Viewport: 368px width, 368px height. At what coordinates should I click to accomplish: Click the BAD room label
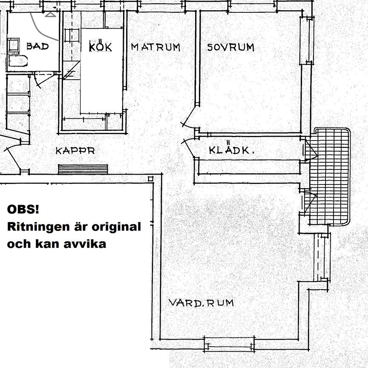[x=37, y=46]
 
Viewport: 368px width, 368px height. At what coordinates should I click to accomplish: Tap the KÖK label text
[x=101, y=46]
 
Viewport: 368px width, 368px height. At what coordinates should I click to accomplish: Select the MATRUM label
[x=155, y=47]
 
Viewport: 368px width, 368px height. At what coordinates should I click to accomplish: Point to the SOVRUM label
[x=230, y=47]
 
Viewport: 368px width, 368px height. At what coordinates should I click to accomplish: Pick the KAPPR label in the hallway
[x=75, y=151]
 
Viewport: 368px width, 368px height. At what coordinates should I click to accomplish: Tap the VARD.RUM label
[x=201, y=303]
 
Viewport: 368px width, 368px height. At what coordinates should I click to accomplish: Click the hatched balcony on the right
[x=330, y=177]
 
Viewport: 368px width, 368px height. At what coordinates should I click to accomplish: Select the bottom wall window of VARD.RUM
[x=229, y=342]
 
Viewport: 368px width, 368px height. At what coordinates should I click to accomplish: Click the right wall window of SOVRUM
[x=307, y=41]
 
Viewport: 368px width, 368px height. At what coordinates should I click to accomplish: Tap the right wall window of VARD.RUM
[x=322, y=257]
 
